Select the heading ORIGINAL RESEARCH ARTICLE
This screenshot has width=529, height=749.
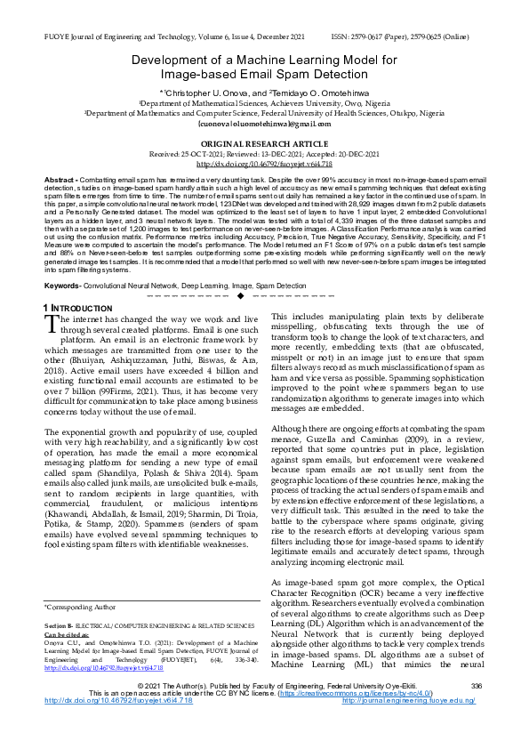tap(264, 143)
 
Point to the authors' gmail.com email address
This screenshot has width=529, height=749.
tap(264, 124)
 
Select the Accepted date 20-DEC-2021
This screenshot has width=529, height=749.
tap(347, 154)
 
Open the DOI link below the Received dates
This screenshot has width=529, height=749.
tap(264, 165)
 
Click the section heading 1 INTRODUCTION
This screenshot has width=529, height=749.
tap(76, 308)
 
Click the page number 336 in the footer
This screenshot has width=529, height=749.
tap(476, 709)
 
